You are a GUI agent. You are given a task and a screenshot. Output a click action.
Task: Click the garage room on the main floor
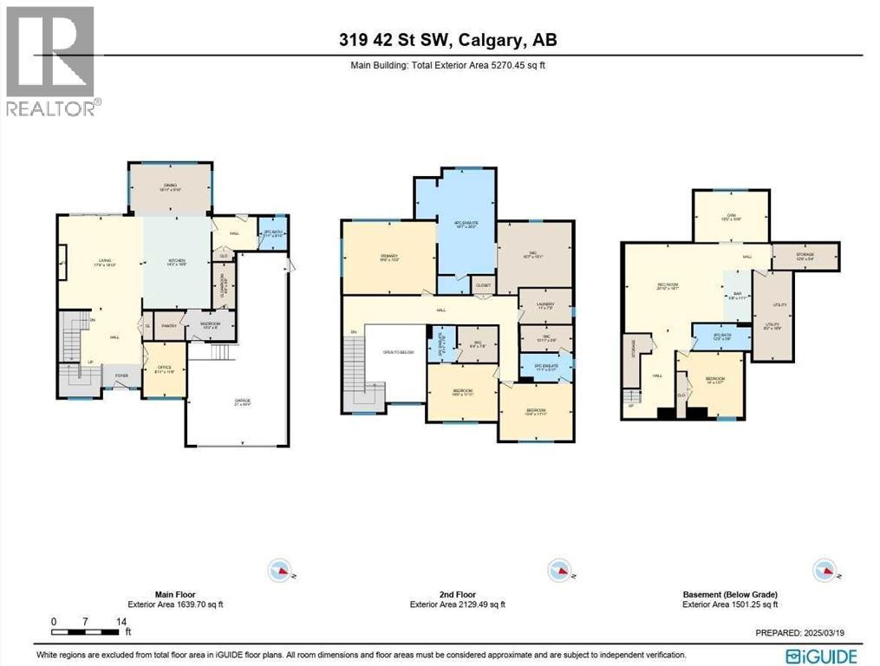[236, 402]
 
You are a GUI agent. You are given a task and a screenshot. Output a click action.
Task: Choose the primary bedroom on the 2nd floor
[387, 258]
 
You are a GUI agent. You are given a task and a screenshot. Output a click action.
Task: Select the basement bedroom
[715, 382]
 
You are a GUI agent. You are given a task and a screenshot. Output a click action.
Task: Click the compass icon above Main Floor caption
[280, 570]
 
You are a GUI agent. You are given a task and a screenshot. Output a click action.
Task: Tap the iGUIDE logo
[822, 656]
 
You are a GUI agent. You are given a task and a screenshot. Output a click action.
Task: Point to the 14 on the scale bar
[121, 622]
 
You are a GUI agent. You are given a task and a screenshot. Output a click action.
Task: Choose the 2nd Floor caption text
[457, 595]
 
